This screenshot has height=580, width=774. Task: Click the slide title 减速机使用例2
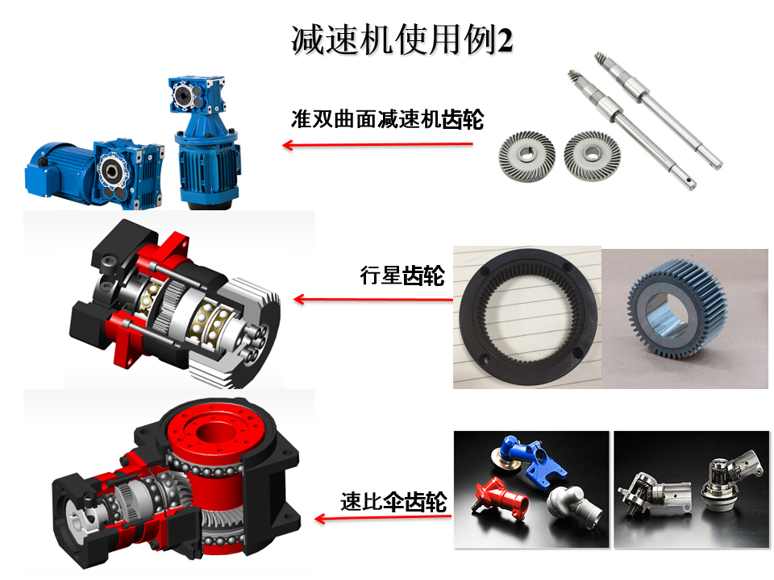402,40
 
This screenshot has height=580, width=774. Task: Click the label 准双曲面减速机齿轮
388,119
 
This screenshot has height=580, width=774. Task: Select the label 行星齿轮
402,275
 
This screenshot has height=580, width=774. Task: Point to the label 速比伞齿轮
393,502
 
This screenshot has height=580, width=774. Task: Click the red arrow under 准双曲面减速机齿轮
377,144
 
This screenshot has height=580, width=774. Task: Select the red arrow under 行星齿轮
373,299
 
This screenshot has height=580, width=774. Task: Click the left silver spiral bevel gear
526,155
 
